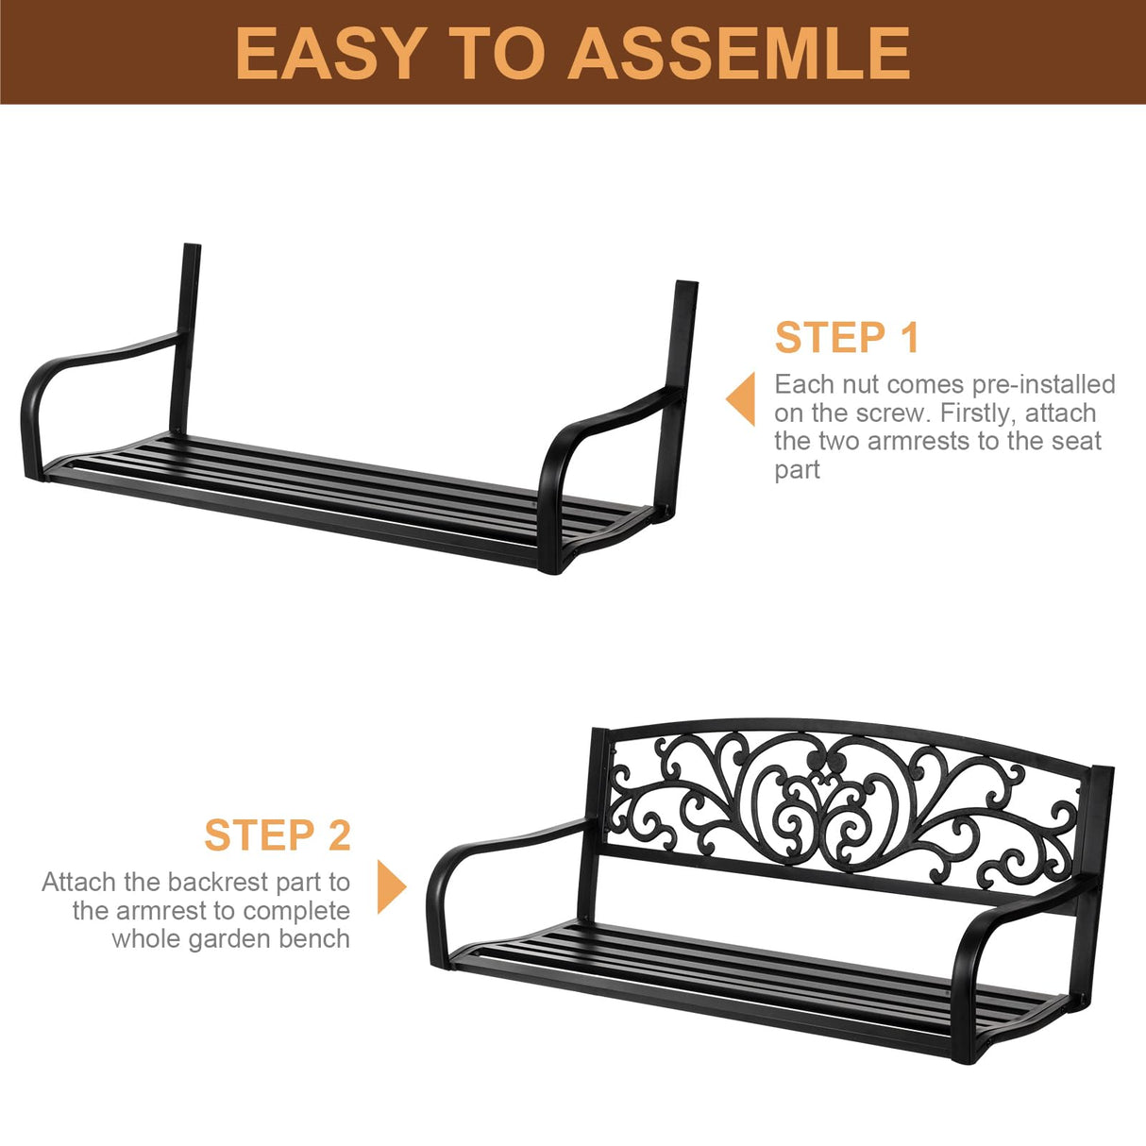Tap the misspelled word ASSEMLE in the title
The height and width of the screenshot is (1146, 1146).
739,53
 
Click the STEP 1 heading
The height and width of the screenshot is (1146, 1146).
847,338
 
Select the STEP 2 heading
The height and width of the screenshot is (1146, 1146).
278,835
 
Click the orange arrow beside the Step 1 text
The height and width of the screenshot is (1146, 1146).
741,398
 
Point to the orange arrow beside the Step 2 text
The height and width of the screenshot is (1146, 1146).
391,886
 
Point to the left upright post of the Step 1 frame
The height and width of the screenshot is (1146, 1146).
185,330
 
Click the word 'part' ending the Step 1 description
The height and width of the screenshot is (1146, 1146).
797,469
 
